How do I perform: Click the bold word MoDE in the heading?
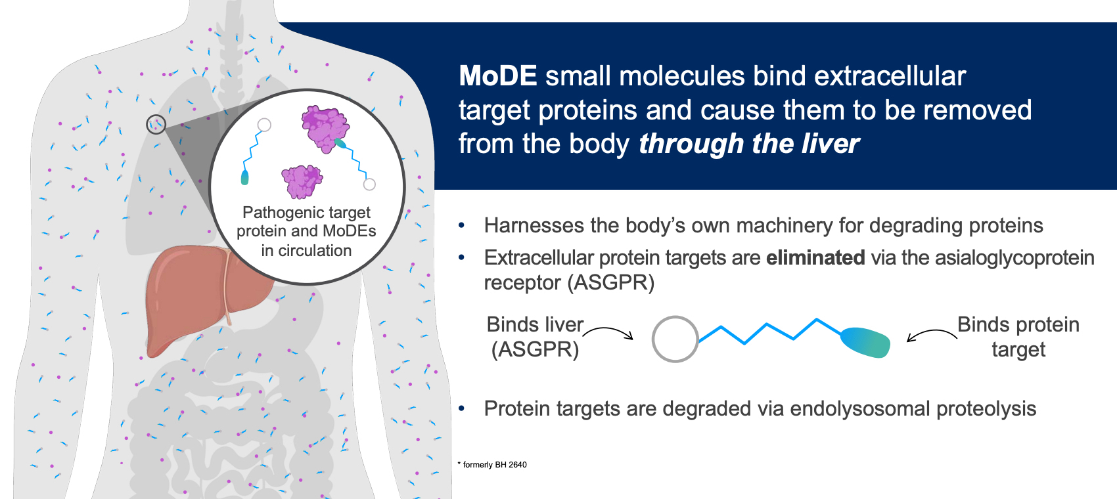[497, 76]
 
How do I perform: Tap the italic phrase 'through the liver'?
[749, 144]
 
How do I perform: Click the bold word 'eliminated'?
[815, 258]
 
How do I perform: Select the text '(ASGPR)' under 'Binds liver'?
[535, 349]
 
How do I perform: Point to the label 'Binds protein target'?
[1018, 337]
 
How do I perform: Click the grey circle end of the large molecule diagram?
[675, 339]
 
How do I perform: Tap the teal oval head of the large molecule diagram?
[865, 343]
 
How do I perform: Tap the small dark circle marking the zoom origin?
[156, 124]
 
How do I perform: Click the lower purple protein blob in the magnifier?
[302, 181]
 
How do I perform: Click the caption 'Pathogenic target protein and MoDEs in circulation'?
[306, 231]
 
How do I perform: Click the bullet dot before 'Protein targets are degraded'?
[461, 409]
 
